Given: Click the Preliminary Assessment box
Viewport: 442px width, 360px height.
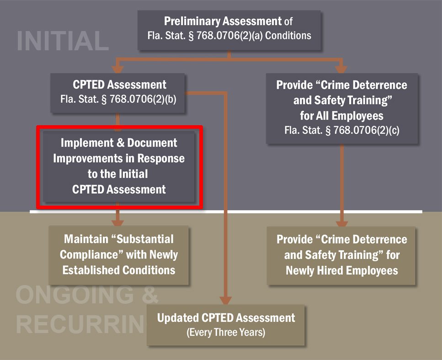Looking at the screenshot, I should (x=230, y=29).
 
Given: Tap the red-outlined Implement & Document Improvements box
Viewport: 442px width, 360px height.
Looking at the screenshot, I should (x=119, y=166).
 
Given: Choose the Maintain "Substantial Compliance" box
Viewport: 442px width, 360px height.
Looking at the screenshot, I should (x=119, y=255).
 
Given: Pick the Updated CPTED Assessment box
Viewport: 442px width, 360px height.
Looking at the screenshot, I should (x=226, y=324).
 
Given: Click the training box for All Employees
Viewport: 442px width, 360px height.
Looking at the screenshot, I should (x=341, y=108).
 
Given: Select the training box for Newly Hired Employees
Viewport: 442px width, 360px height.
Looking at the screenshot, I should (x=341, y=255).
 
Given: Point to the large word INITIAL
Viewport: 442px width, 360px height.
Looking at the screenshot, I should (x=63, y=41).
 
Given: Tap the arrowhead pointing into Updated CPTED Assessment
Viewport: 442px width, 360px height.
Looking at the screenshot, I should (x=226, y=300).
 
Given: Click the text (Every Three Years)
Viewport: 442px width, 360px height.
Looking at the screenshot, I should (x=226, y=332).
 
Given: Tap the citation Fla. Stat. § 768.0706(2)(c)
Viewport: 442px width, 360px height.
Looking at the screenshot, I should (x=341, y=130).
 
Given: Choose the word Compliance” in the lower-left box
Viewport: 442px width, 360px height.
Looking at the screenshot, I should (x=88, y=254).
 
